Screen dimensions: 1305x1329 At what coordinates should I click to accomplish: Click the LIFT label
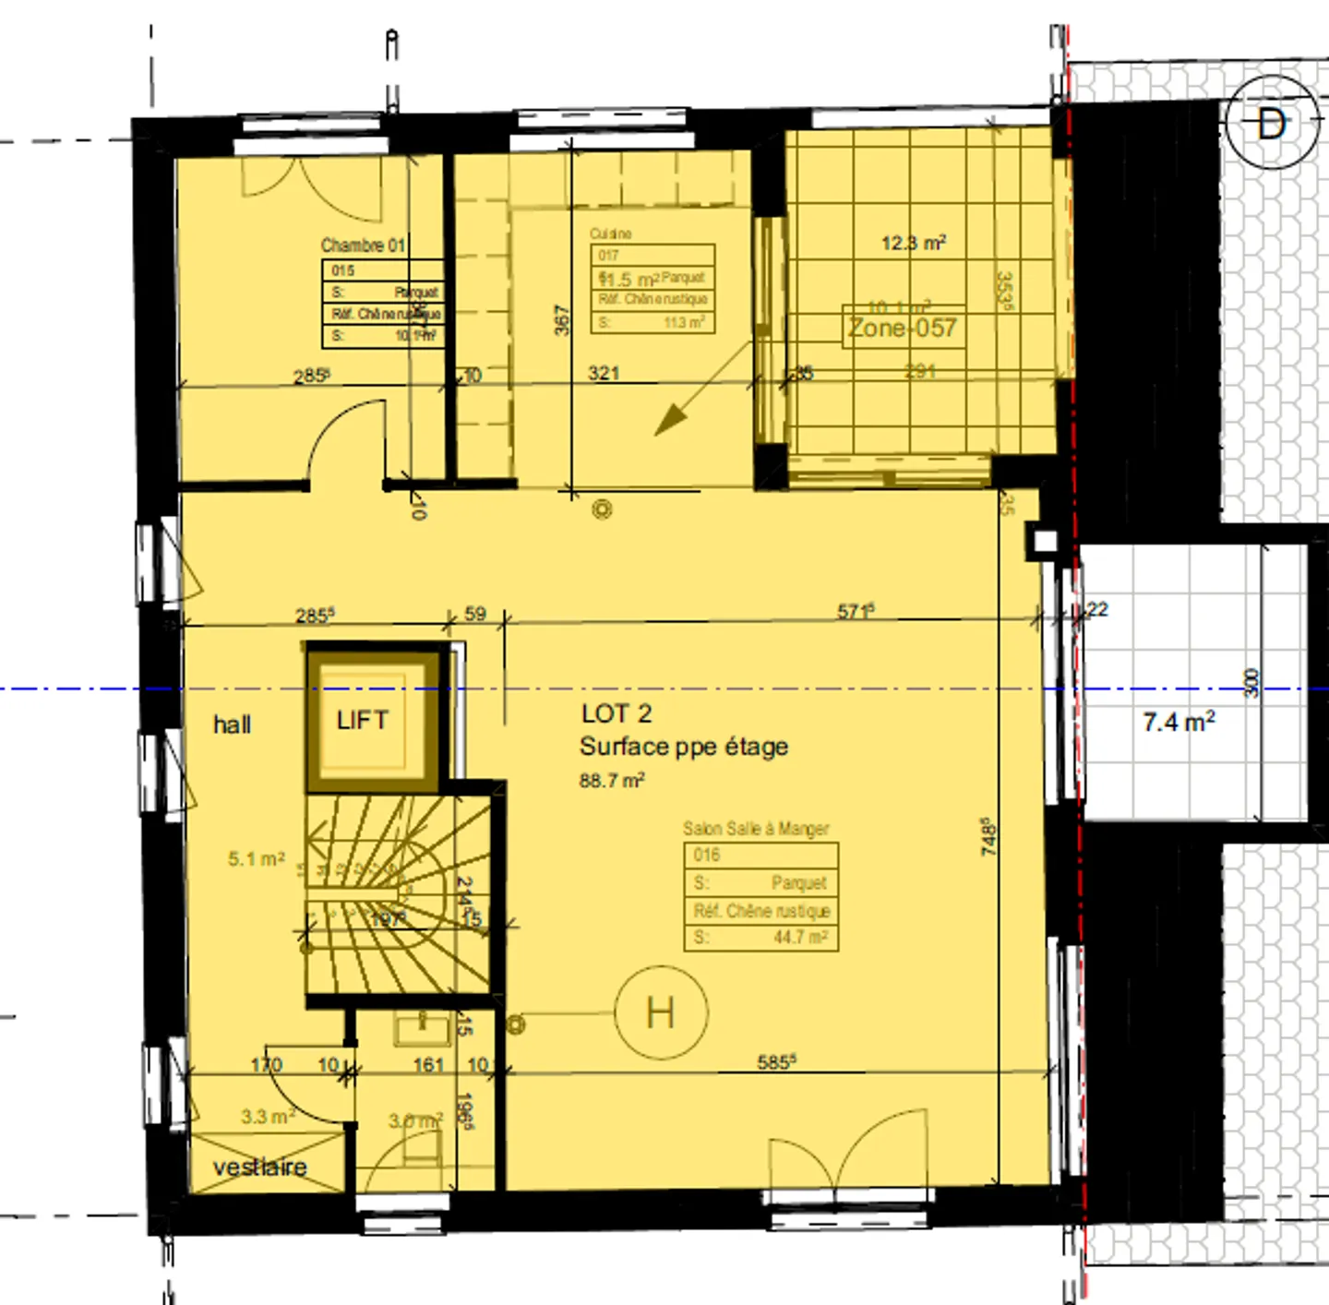coord(362,720)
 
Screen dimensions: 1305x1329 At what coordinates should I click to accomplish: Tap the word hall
coord(232,724)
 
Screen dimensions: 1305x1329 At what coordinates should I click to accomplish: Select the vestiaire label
coord(259,1167)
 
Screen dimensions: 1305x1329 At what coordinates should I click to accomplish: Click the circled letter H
coord(661,1012)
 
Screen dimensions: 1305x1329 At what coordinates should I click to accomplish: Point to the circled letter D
coord(1271,123)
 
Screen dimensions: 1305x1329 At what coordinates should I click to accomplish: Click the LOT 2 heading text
coord(617,713)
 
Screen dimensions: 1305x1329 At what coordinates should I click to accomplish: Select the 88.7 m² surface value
coord(611,780)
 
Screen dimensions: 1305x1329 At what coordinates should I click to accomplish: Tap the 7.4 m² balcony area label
coord(1179,722)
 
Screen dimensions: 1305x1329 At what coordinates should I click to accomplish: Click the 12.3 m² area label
coord(913,243)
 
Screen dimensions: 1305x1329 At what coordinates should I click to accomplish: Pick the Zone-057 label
coord(902,328)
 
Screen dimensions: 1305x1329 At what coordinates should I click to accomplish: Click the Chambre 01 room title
coord(363,245)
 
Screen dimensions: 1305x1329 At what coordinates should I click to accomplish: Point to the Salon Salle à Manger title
coord(756,828)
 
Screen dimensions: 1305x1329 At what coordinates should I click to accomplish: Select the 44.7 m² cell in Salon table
coord(799,938)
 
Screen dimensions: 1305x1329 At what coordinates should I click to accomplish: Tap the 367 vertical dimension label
coord(562,319)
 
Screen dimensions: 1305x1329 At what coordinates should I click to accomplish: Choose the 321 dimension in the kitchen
coord(604,373)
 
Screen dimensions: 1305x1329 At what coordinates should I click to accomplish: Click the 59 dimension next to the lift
coord(475,614)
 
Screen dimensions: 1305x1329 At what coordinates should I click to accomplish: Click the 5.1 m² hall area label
coord(257,858)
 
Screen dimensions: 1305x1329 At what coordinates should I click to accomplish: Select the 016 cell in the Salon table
coord(707,855)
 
